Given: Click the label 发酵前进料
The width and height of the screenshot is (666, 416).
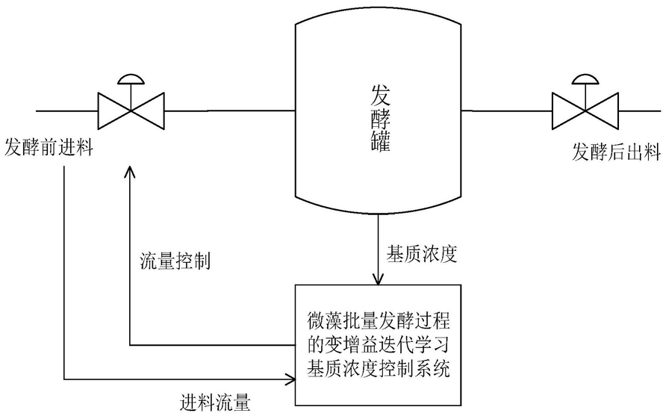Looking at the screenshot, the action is coord(49,149).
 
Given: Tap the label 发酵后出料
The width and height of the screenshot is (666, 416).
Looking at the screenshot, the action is coord(616,152).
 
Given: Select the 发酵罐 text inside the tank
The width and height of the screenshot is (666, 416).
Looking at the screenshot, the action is coord(380,118).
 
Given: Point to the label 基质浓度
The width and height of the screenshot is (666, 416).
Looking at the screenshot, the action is coord(421,254).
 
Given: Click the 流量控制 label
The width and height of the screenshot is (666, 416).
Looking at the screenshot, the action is coord(175,261).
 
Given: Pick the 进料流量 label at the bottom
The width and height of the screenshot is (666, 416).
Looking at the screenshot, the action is coord(215,402).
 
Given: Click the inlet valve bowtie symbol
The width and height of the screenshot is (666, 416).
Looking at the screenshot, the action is coord(131,111).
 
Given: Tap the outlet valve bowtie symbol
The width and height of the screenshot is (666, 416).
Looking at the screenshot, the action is coord(585,111).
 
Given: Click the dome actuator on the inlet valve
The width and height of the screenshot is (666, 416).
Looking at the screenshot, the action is coord(131,79).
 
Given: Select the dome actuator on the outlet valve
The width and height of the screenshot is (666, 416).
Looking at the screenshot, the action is coord(585,79).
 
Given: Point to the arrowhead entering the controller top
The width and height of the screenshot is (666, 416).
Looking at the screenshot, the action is coord(378,279).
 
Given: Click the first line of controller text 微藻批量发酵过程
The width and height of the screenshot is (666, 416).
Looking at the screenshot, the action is coord(379,321).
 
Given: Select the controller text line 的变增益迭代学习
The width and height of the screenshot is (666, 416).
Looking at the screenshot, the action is coord(379,344).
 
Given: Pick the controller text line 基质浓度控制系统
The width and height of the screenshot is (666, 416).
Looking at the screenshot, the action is coord(379,367).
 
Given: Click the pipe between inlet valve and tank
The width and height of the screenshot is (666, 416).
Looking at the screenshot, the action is coord(230,111).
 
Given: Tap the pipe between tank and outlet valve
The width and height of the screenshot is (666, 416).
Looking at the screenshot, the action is coord(507,111).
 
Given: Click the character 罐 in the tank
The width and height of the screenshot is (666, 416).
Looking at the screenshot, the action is coord(380,141).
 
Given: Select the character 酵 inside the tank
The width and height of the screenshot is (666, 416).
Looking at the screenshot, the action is coord(380,119).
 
